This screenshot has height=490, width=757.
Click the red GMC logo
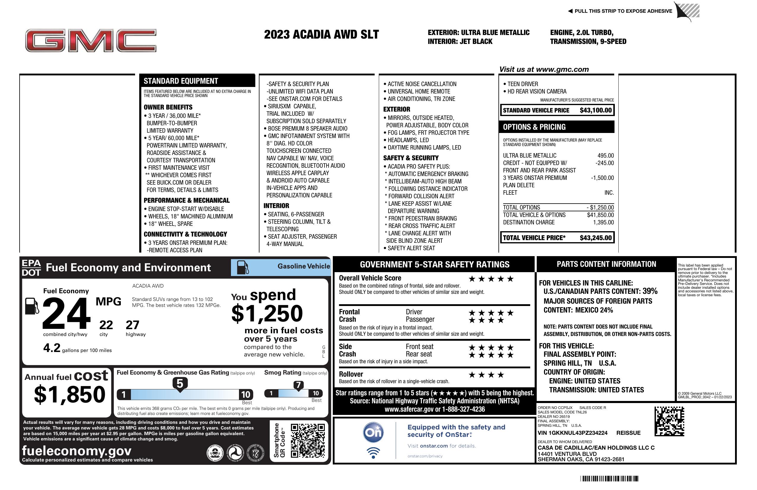click(91, 41)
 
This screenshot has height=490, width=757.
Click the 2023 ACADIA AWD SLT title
click(321, 34)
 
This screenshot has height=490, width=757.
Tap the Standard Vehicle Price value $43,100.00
click(596, 110)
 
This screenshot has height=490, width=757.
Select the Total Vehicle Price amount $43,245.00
click(596, 238)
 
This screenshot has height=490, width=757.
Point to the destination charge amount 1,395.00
click(603, 222)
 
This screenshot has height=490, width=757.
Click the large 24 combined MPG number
click(66, 313)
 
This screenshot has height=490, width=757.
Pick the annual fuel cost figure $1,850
click(69, 394)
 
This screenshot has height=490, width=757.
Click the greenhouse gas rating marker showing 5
click(180, 384)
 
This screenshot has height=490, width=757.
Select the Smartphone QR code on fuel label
click(308, 440)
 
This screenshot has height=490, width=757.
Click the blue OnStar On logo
click(373, 432)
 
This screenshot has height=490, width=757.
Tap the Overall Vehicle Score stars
click(491, 279)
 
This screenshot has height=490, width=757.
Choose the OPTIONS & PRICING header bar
click(557, 127)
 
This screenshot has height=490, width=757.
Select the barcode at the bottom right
click(609, 478)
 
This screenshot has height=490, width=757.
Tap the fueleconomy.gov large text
click(77, 451)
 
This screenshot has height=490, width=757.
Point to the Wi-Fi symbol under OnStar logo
click(373, 453)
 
